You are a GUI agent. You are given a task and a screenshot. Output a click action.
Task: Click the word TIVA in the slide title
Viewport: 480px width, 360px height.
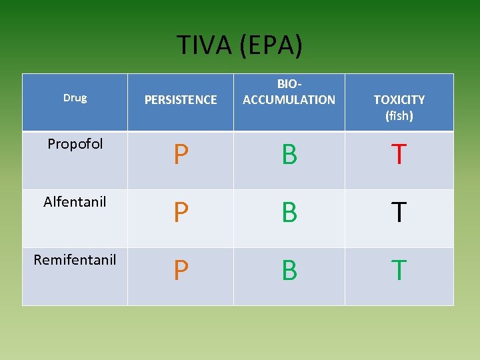coord(204,45)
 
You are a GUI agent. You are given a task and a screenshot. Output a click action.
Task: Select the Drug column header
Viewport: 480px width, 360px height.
coord(75,98)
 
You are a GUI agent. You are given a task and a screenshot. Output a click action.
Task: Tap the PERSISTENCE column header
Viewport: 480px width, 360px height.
coord(181,100)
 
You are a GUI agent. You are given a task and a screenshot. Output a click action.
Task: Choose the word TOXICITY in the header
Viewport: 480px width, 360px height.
coord(399,100)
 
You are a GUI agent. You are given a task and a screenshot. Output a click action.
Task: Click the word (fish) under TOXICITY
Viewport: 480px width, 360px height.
coord(399,116)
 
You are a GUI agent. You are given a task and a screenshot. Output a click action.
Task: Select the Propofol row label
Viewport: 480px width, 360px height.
coord(75,144)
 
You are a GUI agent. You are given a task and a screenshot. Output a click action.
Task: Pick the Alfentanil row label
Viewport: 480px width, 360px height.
coord(75,201)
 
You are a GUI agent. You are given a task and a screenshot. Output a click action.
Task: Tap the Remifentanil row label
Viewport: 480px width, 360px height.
coord(75,259)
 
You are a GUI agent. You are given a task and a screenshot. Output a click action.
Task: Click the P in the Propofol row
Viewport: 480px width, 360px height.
coord(180,155)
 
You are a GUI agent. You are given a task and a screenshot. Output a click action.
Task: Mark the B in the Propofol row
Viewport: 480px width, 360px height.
coord(289,155)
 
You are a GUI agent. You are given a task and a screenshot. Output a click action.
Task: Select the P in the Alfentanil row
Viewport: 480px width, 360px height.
coord(180,213)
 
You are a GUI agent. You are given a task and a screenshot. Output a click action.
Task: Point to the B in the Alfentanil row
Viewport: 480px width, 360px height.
coord(289,213)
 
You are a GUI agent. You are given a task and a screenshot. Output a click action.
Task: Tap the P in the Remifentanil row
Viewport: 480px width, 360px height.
coord(180,271)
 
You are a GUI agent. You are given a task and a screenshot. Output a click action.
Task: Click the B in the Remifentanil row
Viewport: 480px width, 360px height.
coord(289,271)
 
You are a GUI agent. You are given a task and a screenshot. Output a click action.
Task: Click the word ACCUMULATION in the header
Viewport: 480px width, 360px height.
coord(289,100)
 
